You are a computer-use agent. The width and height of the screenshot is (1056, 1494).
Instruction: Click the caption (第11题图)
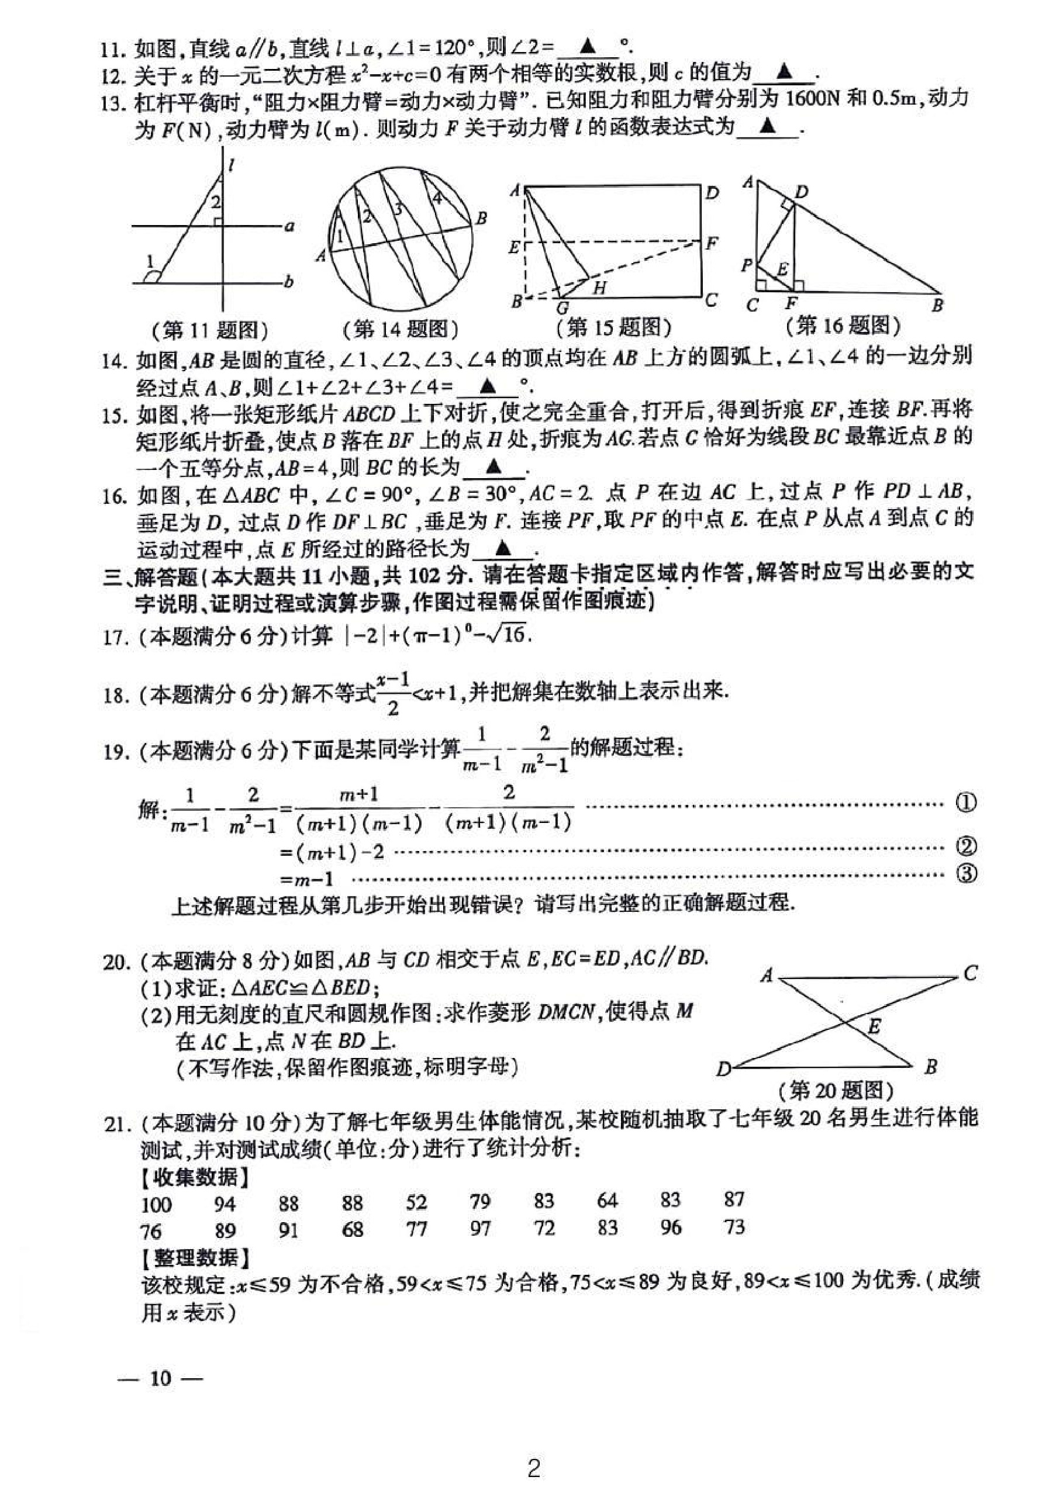pyautogui.click(x=210, y=331)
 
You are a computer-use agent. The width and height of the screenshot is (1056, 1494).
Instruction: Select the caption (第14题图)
pyautogui.click(x=401, y=329)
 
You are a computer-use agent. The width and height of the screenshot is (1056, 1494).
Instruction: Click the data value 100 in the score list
pyautogui.click(x=156, y=1203)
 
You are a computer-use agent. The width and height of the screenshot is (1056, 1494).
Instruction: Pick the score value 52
pyautogui.click(x=415, y=1202)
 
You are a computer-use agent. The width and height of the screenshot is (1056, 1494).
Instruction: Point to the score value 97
pyautogui.click(x=480, y=1229)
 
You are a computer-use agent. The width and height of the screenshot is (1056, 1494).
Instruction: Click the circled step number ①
pyautogui.click(x=966, y=804)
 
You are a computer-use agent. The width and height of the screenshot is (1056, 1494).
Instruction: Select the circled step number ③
pyautogui.click(x=966, y=874)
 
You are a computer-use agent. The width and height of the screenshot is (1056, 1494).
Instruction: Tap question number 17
pyautogui.click(x=115, y=637)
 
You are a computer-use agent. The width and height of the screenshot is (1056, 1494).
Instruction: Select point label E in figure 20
pyautogui.click(x=874, y=1026)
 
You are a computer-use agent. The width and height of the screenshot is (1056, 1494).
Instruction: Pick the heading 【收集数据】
pyautogui.click(x=195, y=1177)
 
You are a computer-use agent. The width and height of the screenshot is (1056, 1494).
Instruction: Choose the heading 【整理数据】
pyautogui.click(x=195, y=1257)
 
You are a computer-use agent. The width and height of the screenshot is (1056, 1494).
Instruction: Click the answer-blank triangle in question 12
pyautogui.click(x=785, y=71)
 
